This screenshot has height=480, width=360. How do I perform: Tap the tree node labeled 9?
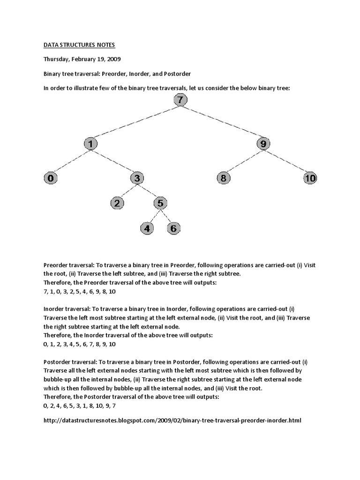[263, 144]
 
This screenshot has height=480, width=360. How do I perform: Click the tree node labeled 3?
[137, 178]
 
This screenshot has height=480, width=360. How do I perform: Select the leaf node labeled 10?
[310, 178]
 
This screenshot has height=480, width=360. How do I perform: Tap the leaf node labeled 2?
[117, 203]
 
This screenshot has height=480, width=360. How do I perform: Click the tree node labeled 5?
[160, 203]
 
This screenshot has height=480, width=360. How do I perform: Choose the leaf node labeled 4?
[147, 229]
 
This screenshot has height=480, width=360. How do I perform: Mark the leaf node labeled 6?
[173, 229]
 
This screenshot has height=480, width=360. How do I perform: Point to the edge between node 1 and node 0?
[70, 161]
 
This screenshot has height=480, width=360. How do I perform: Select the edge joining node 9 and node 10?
[286, 161]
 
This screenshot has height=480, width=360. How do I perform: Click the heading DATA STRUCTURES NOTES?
[79, 45]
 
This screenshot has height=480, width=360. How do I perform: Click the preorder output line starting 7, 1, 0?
[79, 291]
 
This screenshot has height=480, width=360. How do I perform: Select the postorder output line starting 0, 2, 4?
[79, 405]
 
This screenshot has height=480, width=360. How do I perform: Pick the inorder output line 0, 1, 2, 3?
[79, 344]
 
